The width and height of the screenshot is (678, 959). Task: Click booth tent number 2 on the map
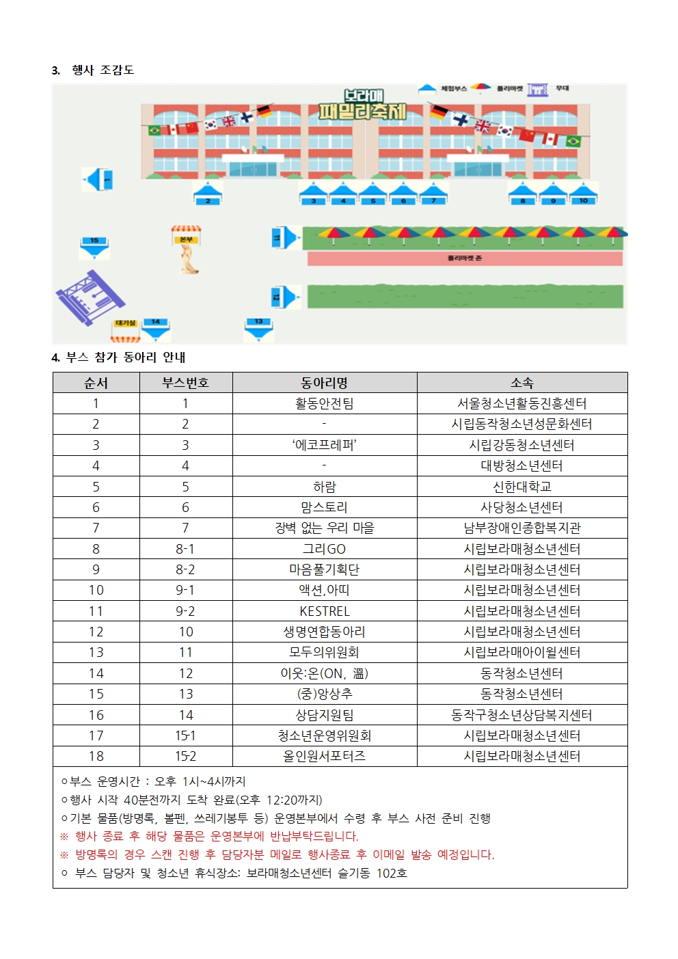tap(208, 193)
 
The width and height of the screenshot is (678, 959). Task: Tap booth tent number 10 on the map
tap(583, 193)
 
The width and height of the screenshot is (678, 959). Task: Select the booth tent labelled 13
tap(258, 328)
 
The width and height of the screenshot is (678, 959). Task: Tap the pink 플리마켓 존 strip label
tap(465, 258)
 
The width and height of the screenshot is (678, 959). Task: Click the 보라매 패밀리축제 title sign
tap(363, 105)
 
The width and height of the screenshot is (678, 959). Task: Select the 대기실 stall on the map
tap(126, 329)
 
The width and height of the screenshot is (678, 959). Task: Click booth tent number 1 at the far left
tap(98, 180)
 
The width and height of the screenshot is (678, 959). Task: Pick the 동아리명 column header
tap(325, 383)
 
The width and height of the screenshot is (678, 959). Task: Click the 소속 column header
tap(521, 383)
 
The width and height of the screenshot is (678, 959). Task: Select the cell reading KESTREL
tap(325, 611)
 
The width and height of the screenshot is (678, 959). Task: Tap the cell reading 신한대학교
tap(521, 487)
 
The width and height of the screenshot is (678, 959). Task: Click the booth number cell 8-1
tap(185, 549)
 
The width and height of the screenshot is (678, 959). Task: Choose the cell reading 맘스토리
tap(325, 507)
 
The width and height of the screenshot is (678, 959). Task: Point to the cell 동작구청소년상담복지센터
tap(521, 715)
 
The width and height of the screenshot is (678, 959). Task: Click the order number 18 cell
tap(96, 756)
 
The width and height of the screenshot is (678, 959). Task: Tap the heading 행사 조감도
tap(103, 70)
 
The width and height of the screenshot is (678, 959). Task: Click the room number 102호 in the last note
tap(392, 873)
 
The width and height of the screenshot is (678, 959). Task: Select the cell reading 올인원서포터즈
tap(325, 756)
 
